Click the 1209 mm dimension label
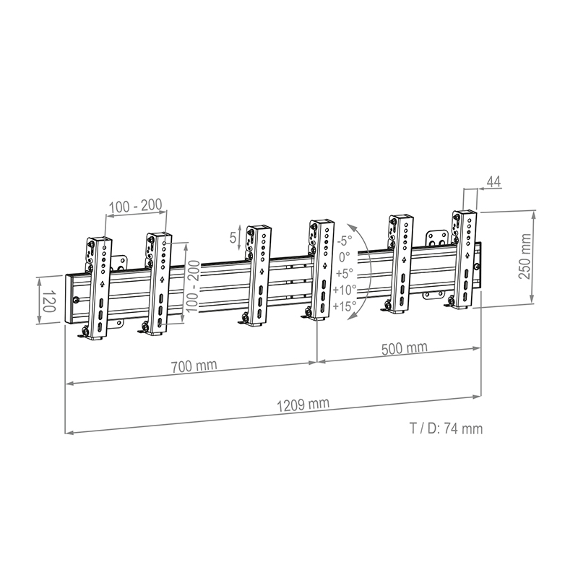303,405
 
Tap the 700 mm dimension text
194,366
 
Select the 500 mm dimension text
405,348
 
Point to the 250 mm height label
525,256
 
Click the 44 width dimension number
494,182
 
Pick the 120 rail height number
48,301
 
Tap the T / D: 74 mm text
446,428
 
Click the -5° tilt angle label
345,241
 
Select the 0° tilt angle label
345,256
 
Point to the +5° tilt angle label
345,273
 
